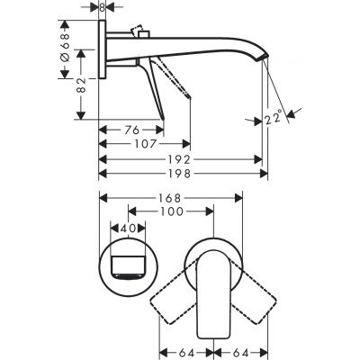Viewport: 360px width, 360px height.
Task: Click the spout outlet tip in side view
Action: [x=263, y=58]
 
